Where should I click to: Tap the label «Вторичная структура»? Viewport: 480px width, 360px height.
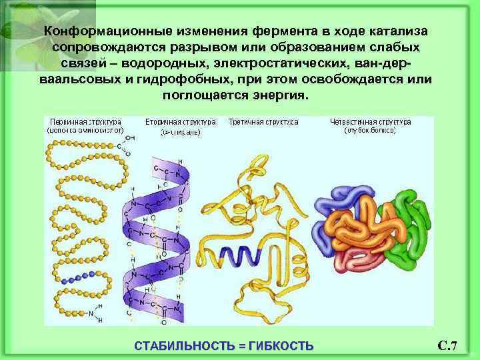click(180, 123)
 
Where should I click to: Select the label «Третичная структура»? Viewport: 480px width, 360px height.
click(263, 123)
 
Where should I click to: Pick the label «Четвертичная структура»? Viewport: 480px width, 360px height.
click(371, 123)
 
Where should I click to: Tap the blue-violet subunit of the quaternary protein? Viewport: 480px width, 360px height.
click(333, 207)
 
